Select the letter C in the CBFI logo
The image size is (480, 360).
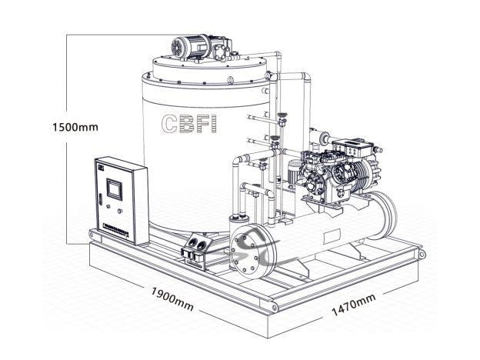[x=169, y=123]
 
